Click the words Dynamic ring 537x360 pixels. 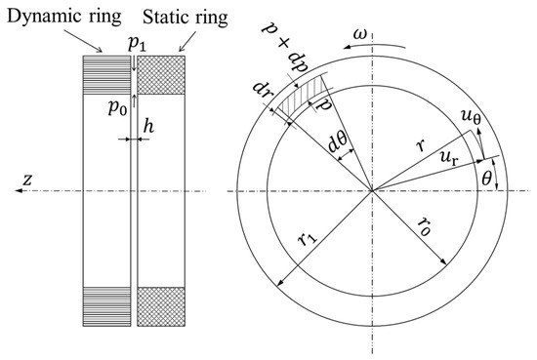[64, 17]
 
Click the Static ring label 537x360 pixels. [186, 18]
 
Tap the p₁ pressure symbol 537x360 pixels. [137, 44]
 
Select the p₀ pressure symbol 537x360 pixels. [117, 107]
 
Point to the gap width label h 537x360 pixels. [148, 126]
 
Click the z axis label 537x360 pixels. [27, 180]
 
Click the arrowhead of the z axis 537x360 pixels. [19, 190]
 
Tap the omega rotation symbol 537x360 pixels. [360, 35]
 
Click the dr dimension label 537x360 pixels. [262, 90]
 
